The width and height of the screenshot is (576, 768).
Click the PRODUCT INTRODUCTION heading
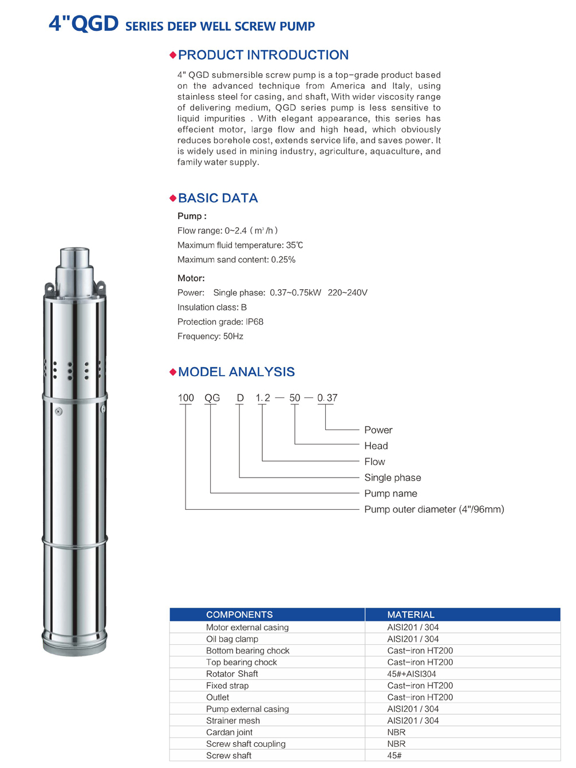[x=263, y=55]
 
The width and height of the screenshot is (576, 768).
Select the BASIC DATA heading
[x=218, y=198]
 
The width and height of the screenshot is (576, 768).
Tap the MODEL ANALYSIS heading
[x=236, y=372]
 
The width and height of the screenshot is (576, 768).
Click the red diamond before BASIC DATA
[x=173, y=198]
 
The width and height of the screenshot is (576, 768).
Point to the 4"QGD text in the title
[x=84, y=24]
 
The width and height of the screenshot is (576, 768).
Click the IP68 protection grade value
[x=254, y=322]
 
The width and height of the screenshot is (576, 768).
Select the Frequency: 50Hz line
[x=210, y=336]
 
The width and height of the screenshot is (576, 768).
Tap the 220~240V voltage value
[x=348, y=293]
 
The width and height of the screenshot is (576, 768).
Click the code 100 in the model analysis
[x=186, y=397]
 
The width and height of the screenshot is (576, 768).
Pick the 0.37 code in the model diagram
[x=327, y=397]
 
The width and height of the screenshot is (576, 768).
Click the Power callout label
[x=378, y=430]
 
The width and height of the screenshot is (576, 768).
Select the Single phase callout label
[x=392, y=478]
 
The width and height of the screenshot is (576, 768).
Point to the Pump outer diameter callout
[x=434, y=509]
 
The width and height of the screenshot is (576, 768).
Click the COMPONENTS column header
[x=239, y=615]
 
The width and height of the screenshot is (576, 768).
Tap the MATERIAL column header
[x=411, y=615]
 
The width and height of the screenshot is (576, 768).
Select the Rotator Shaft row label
[x=232, y=674]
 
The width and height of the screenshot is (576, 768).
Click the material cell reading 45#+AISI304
[x=411, y=674]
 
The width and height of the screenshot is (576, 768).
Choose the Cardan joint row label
[x=229, y=732]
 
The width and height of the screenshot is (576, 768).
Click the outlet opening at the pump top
[x=74, y=251]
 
